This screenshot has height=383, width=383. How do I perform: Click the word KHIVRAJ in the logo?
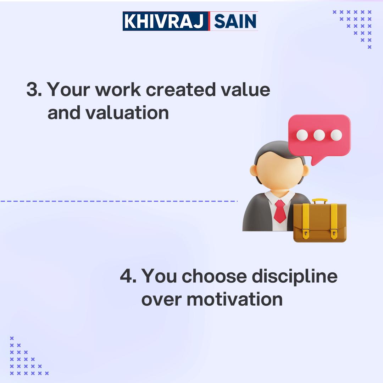(165, 21)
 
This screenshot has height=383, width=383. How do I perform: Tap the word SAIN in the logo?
(235, 21)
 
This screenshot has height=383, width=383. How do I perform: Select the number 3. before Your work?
(34, 90)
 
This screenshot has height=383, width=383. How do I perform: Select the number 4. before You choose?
(128, 276)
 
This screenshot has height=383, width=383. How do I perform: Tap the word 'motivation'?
(235, 299)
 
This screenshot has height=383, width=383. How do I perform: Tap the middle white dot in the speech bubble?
(319, 135)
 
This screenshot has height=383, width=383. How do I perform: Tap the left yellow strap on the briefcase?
(306, 220)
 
